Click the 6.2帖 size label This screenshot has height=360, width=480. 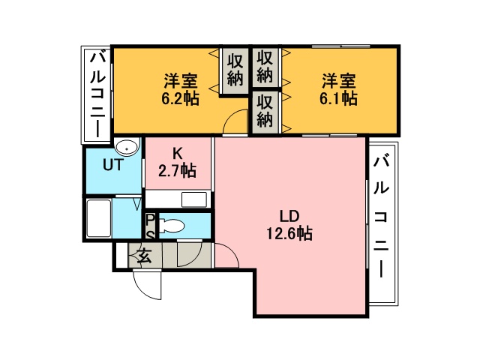[x=180, y=98]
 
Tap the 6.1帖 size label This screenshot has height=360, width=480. [x=338, y=98]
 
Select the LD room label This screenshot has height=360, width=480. [x=289, y=217]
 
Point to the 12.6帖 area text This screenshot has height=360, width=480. [x=289, y=234]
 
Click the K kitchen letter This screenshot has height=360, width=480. [x=178, y=154]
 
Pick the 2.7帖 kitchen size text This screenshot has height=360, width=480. [x=177, y=170]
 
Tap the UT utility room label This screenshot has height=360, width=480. [x=113, y=165]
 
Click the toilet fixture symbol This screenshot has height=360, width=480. [x=172, y=226]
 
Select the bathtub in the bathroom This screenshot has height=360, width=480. [x=98, y=217]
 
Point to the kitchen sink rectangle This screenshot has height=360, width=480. [x=194, y=199]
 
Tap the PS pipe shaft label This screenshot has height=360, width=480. [x=150, y=227]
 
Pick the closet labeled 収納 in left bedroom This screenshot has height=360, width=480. [x=235, y=70]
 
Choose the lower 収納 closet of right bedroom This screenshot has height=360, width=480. [x=265, y=112]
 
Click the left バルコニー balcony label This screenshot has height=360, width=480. [x=97, y=95]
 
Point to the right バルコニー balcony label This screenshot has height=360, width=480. [x=381, y=216]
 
